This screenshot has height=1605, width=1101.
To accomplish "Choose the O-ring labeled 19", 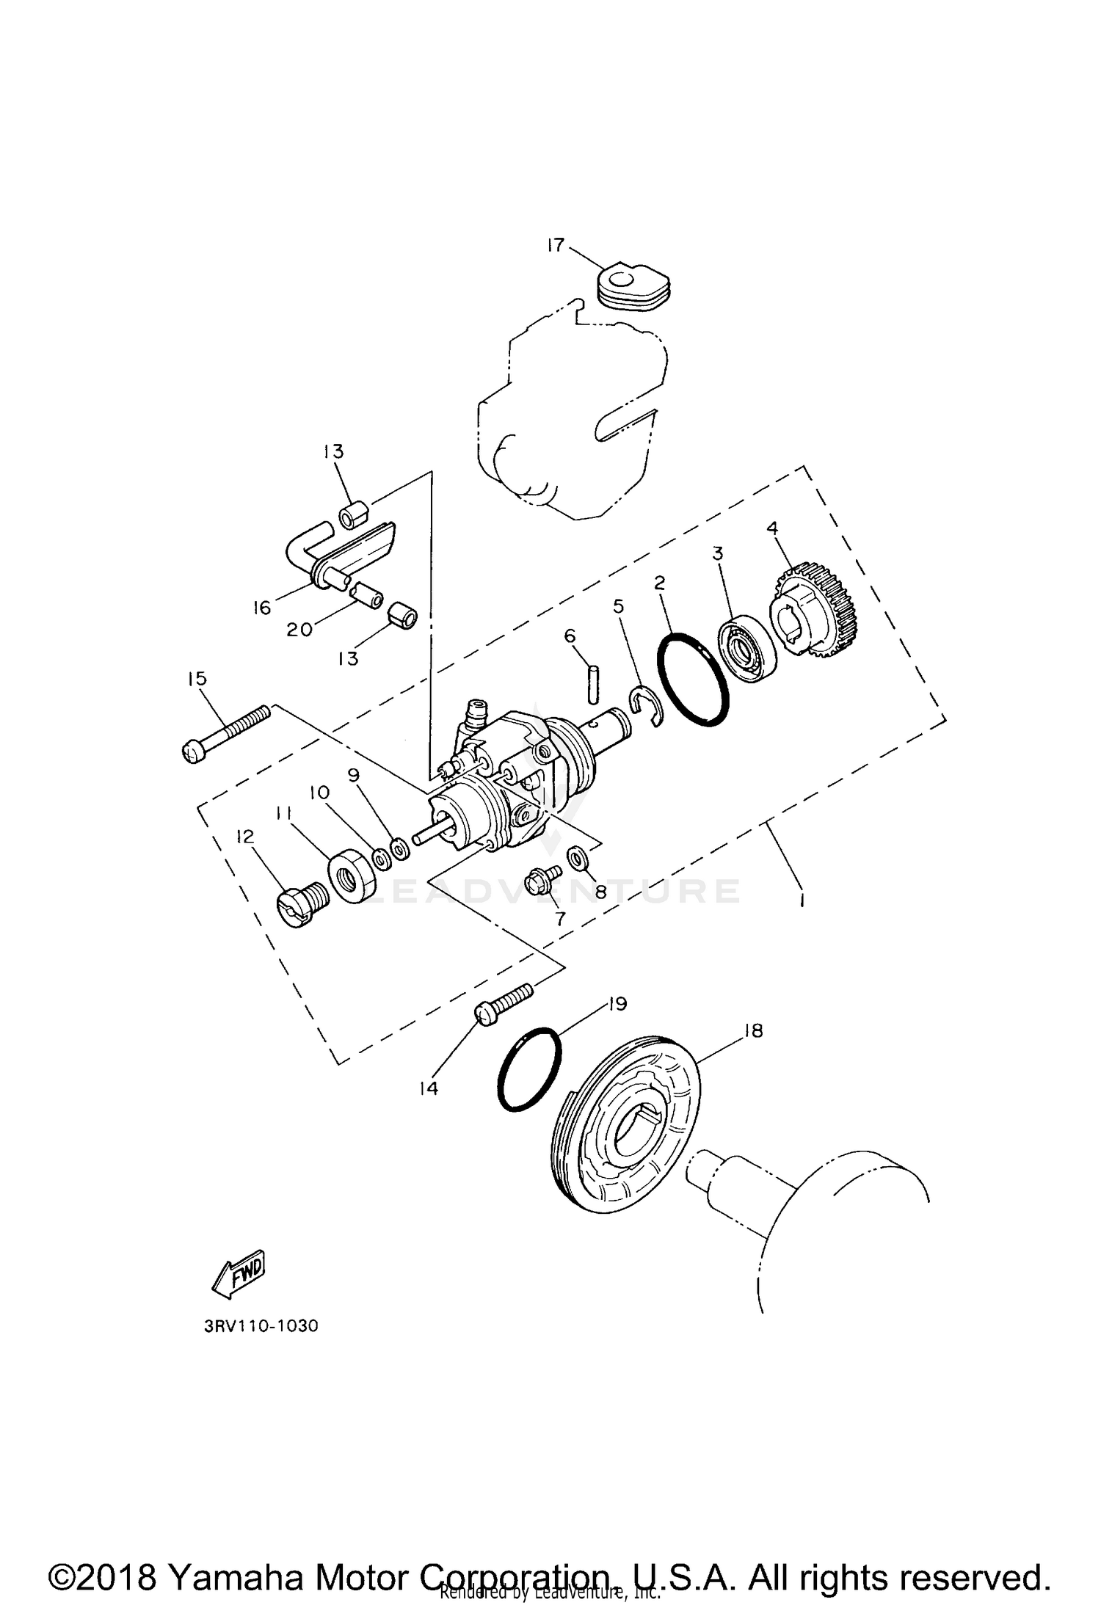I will tap(529, 1069).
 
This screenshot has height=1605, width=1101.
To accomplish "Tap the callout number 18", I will tap(753, 1031).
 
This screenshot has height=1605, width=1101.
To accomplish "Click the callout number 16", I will tap(262, 608).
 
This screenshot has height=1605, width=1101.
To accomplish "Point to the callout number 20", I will tap(299, 629).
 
